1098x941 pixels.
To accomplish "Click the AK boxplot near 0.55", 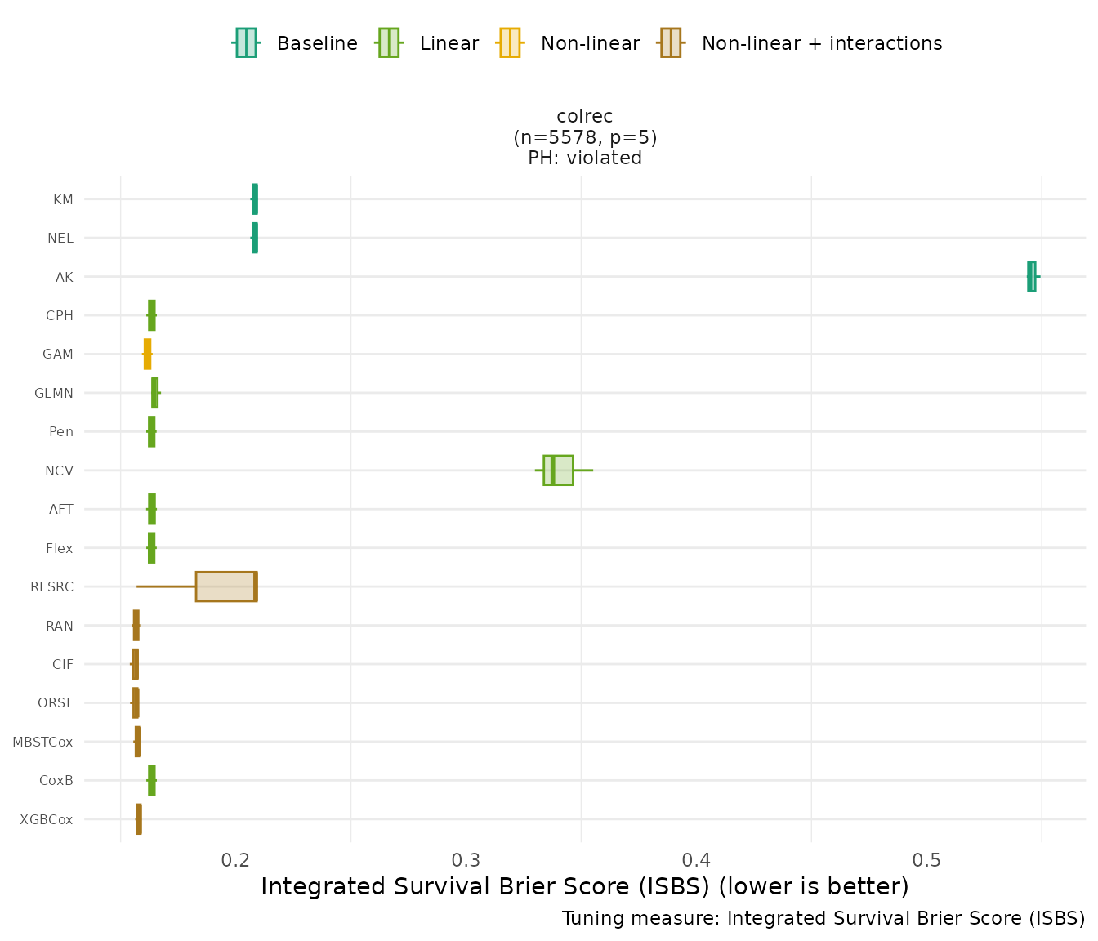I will coord(1031,276).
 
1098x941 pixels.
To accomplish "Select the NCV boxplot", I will coord(558,470).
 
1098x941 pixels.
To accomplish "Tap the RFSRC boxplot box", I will coord(226,586).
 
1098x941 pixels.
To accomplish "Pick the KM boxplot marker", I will coord(255,199).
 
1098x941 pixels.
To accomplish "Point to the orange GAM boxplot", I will coord(147,355).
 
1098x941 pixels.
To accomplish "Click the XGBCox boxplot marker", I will coord(139,818).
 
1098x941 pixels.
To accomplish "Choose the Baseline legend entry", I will coord(296,43).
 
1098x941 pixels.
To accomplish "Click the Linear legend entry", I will coord(428,43).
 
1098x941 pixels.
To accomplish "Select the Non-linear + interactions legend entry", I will coord(801,43).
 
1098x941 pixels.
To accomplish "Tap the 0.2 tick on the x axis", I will coord(236,860).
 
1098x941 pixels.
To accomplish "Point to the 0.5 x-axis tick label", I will coord(926,860).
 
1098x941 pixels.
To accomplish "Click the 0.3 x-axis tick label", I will coord(466,860).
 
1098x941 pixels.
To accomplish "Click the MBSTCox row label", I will coord(42,742).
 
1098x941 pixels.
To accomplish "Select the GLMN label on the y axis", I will coord(54,393).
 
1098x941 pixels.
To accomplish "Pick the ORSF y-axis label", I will coord(56,702).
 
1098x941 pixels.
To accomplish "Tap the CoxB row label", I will coord(56,780).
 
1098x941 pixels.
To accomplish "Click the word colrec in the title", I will coord(585,117).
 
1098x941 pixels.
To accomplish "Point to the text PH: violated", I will coord(585,158).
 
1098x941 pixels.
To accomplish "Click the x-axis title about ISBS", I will coord(585,886).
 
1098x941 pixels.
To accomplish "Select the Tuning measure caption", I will coord(823,918).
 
